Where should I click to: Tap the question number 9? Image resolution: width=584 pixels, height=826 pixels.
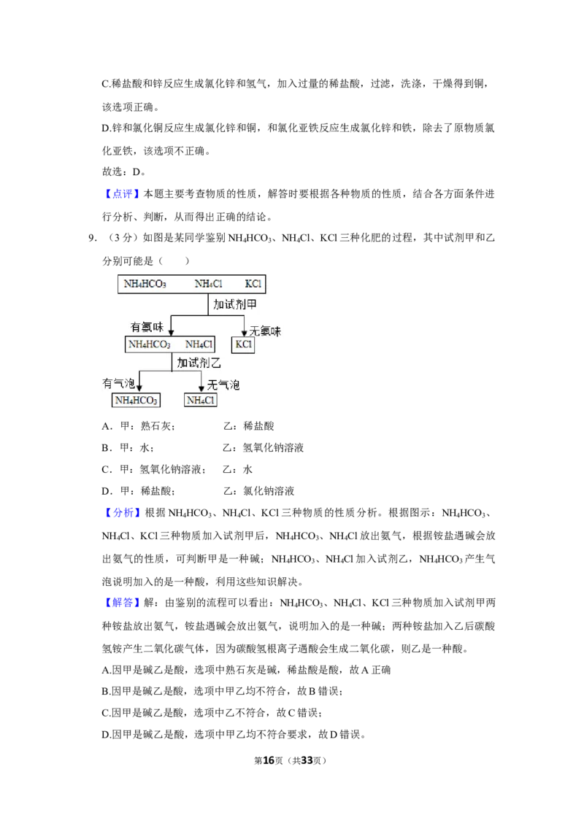point(92,238)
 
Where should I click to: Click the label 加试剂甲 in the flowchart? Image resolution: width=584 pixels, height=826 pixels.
point(235,304)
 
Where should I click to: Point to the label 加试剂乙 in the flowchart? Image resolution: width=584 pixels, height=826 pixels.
point(199,363)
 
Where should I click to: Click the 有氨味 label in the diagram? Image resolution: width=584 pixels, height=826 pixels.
point(147,327)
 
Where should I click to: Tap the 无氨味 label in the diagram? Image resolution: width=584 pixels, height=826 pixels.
point(265,331)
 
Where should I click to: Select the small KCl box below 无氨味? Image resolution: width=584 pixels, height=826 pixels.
point(243,344)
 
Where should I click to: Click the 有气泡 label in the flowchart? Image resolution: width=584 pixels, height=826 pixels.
point(118,383)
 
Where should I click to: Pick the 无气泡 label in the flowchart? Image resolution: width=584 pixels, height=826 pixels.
point(223,385)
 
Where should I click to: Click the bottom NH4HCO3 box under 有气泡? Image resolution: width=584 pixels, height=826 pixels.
point(136,401)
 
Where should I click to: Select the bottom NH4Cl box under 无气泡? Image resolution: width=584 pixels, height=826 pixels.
point(201,401)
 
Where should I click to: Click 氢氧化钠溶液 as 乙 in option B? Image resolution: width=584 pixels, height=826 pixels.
point(273,448)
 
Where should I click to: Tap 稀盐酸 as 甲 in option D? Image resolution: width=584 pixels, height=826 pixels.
point(156,491)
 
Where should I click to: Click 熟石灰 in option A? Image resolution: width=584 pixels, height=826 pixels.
point(155,426)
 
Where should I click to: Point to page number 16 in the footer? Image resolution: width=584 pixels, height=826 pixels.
point(269,760)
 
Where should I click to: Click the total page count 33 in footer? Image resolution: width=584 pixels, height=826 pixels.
point(307,760)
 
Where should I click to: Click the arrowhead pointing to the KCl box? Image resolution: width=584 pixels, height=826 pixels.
point(244,333)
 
